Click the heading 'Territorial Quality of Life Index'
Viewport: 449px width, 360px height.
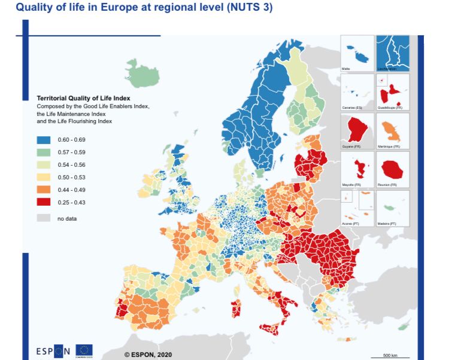click(83, 98)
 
